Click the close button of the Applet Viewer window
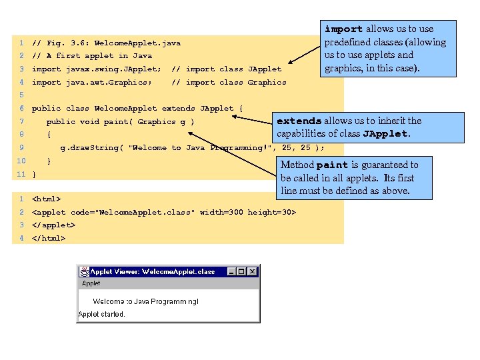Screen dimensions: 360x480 (x=253, y=272)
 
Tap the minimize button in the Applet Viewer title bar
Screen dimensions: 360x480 (x=232, y=272)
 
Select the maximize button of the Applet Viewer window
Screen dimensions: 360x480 (x=241, y=272)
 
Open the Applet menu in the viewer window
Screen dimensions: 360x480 (x=91, y=283)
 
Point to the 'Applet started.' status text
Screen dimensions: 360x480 (x=102, y=314)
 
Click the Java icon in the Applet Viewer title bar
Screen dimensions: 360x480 (x=85, y=272)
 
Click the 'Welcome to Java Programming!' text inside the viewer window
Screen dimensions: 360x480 (x=145, y=301)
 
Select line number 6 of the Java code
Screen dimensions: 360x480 (x=21, y=108)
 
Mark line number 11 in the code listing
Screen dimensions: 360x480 (x=21, y=174)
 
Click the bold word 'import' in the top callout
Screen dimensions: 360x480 (x=343, y=29)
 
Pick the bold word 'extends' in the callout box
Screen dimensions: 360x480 (x=299, y=121)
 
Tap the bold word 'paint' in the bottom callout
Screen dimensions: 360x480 (x=332, y=165)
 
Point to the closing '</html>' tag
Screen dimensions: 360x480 (x=49, y=238)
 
